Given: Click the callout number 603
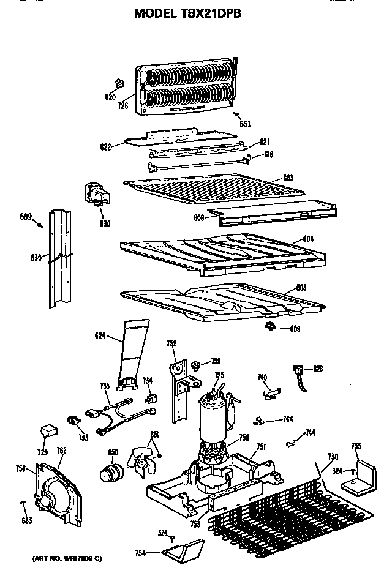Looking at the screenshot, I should click(x=288, y=179).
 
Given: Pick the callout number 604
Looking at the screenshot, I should click(x=308, y=239).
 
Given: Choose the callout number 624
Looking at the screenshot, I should click(x=100, y=335).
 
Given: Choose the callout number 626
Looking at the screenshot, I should click(x=317, y=369).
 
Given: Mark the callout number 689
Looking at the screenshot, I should click(x=25, y=217).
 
